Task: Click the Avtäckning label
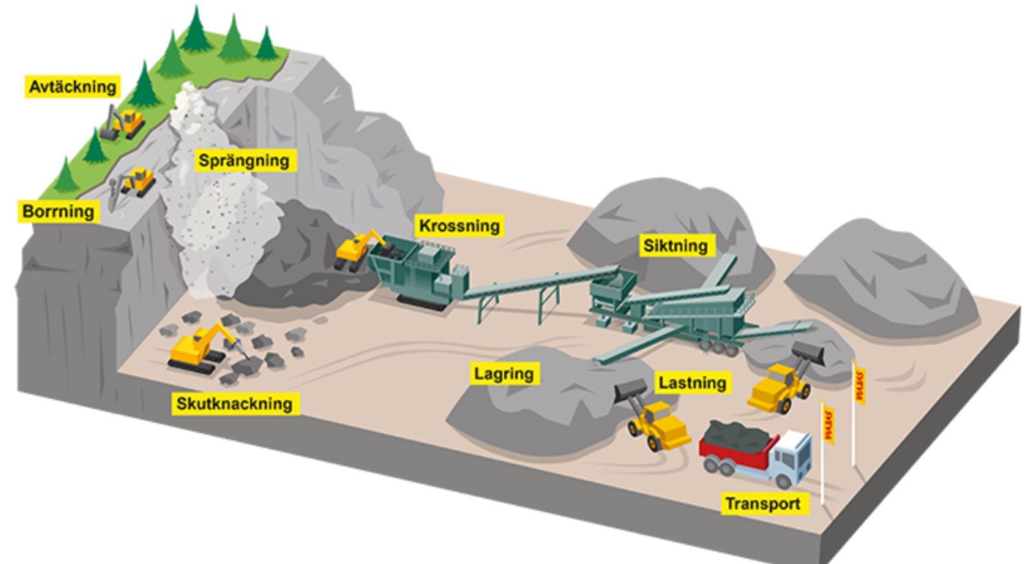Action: coord(73,87)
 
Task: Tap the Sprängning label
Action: coord(243,160)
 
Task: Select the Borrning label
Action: coord(58,211)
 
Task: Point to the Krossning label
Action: coord(459,226)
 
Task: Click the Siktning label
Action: coord(675,246)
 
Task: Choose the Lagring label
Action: coord(504,374)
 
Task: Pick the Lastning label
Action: coord(692,383)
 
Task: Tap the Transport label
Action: coord(762,504)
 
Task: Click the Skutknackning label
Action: coord(234,404)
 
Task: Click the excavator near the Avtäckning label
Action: coord(123,123)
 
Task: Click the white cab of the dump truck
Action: coord(792,457)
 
